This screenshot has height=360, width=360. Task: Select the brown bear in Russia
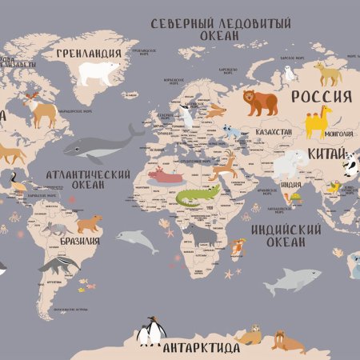click(x=260, y=102)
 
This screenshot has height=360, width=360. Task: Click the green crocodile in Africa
click(x=196, y=197)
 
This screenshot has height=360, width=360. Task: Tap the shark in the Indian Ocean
click(x=292, y=278)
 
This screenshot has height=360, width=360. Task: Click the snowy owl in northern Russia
click(x=289, y=74)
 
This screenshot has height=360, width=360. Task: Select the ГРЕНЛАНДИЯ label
click(x=89, y=54)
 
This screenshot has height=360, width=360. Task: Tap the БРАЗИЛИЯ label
click(x=81, y=241)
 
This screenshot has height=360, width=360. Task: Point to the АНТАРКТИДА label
click(x=201, y=349)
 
